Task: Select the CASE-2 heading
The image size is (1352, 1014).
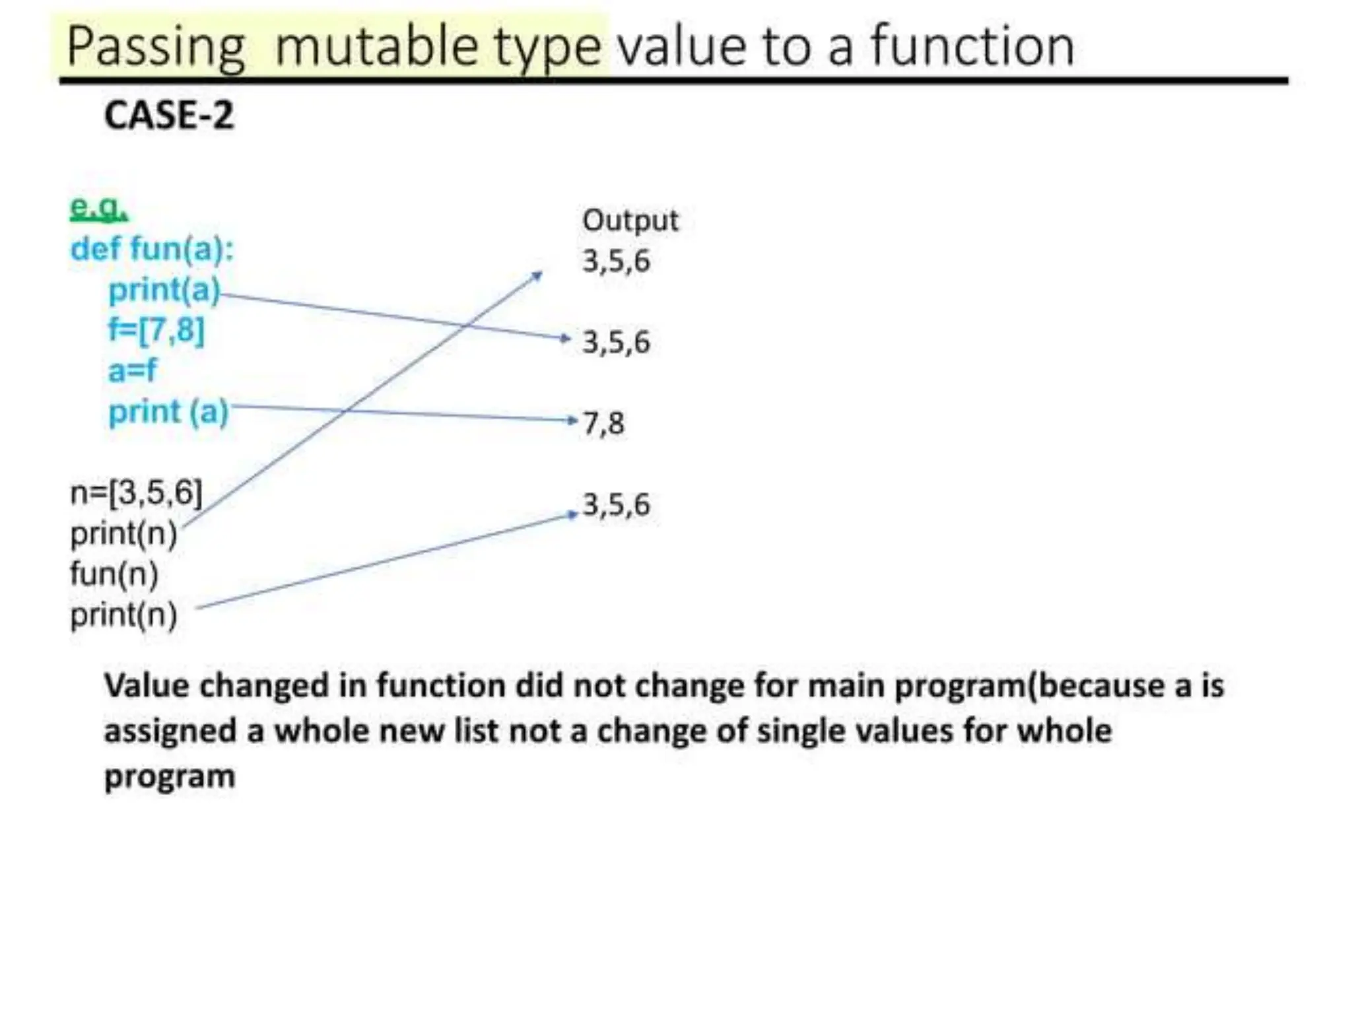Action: pos(169,116)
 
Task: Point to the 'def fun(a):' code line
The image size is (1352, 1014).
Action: pos(152,250)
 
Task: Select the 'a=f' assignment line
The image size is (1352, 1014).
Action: pos(132,370)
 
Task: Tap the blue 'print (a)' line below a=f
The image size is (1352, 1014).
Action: pos(168,412)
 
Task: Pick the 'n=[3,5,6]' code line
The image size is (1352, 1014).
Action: pos(136,492)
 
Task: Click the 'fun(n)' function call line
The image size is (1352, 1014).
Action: pos(114,574)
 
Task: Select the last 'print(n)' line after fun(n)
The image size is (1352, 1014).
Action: pos(123,615)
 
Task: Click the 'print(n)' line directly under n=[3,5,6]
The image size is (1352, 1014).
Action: pos(123,533)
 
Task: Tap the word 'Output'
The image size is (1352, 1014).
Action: pos(630,220)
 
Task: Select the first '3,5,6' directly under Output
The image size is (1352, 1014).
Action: pos(616,261)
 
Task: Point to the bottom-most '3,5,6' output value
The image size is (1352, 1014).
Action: pos(616,505)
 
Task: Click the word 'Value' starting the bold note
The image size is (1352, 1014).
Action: pos(147,685)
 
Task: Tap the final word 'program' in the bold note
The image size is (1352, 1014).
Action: pos(170,776)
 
